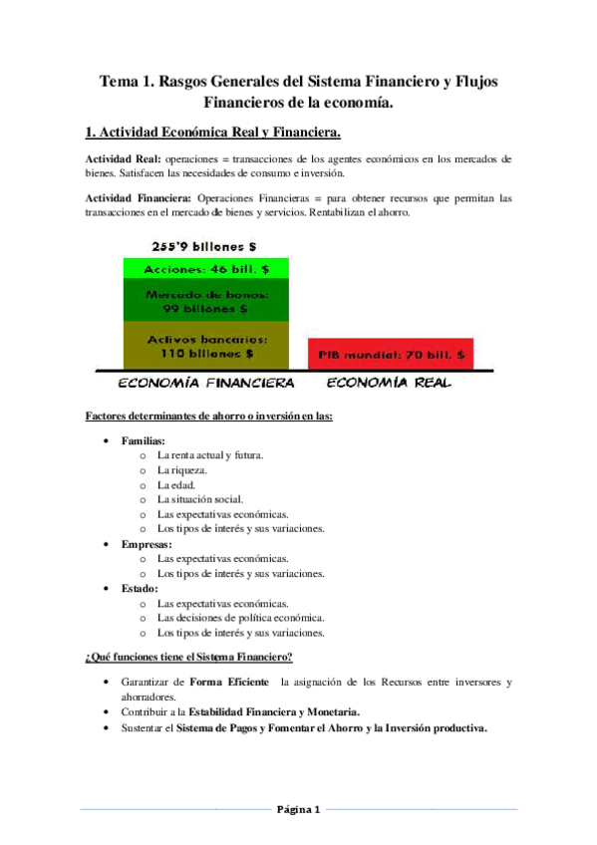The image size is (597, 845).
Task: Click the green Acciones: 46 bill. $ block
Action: [205, 268]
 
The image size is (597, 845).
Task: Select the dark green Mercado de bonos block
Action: [205, 300]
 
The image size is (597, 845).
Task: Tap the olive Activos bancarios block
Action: [205, 345]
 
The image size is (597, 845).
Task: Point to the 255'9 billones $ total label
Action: [205, 246]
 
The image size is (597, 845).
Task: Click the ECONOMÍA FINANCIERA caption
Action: [205, 383]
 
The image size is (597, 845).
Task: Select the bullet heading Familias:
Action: [144, 439]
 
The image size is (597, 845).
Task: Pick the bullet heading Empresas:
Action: [147, 544]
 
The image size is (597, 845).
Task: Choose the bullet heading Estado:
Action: [140, 588]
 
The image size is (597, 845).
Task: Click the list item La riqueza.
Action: [182, 469]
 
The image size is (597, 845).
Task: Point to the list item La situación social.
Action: [199, 499]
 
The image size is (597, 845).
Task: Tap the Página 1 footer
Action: [298, 809]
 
